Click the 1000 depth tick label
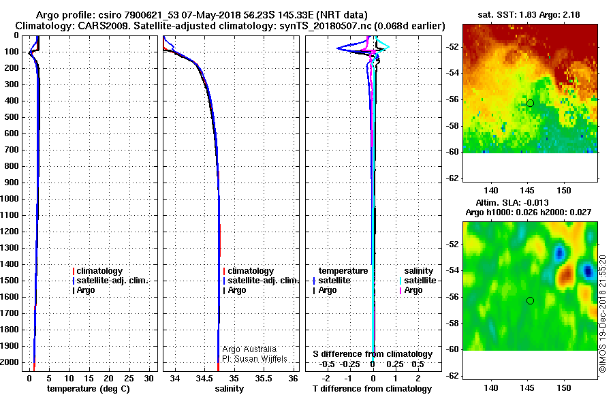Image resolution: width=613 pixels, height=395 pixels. (10, 199)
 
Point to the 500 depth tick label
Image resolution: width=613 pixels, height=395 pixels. (12, 117)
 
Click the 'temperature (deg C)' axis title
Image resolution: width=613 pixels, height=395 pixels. (89, 389)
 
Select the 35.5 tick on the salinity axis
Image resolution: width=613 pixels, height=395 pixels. (264, 379)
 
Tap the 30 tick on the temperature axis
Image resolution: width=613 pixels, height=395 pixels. (148, 379)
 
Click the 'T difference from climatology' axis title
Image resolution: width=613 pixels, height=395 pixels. (372, 389)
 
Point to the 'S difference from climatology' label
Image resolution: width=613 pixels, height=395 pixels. (373, 354)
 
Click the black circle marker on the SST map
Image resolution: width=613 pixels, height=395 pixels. (530, 104)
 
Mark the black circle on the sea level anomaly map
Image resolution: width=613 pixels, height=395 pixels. (530, 301)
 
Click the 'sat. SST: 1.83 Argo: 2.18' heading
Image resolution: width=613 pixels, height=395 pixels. (529, 15)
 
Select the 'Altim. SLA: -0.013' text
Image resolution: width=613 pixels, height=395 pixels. (512, 203)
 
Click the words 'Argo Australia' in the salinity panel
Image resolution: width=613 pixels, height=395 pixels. (249, 349)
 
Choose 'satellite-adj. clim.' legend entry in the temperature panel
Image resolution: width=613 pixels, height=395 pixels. (110, 281)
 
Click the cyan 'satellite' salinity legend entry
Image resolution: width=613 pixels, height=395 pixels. (418, 281)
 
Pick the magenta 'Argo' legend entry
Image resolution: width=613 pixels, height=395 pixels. (411, 290)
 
